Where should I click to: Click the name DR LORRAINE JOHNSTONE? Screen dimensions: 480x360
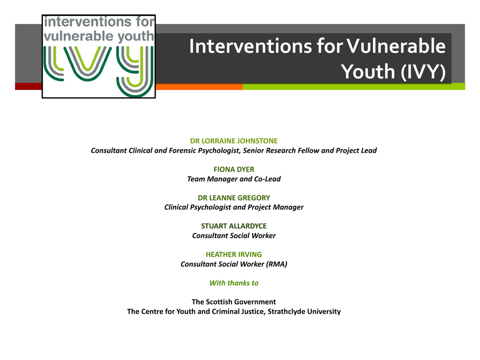(x=234, y=141)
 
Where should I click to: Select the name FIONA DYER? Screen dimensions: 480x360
(x=234, y=169)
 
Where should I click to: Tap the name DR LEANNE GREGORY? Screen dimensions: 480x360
(x=234, y=198)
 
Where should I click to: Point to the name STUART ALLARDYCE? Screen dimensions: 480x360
(x=234, y=226)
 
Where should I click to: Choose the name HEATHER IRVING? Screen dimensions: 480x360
(x=234, y=255)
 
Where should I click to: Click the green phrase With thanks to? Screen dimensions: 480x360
(x=234, y=283)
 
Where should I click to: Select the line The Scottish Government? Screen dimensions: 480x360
(x=234, y=302)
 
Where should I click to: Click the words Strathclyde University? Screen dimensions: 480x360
(x=304, y=311)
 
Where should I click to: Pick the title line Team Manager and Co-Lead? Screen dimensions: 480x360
(x=234, y=179)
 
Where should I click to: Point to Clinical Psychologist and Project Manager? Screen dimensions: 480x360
(x=234, y=207)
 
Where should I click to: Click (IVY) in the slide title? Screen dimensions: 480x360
(x=423, y=72)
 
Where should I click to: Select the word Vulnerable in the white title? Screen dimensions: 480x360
(x=396, y=46)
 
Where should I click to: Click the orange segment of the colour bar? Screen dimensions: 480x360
(x=199, y=87)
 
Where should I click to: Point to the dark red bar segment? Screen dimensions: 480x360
(x=29, y=86)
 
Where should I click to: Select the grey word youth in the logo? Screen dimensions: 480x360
(x=135, y=37)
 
